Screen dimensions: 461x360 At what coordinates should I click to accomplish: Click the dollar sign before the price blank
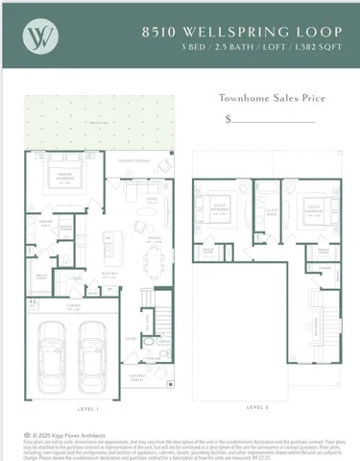[228, 119]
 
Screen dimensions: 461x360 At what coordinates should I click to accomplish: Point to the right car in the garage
[92, 344]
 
